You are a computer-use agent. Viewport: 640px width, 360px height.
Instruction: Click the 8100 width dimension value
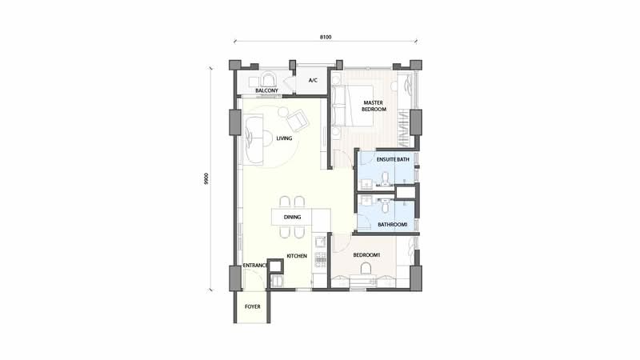tap(326, 37)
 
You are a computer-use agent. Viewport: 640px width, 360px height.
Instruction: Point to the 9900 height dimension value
tap(206, 178)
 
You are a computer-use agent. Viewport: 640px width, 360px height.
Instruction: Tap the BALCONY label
tap(267, 90)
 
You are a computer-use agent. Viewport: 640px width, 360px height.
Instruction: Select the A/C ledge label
tap(313, 81)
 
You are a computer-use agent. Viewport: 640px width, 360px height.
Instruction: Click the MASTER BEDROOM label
tap(374, 106)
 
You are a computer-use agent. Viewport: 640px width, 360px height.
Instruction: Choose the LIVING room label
tap(284, 138)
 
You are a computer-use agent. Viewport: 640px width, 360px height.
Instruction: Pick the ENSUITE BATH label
tap(393, 159)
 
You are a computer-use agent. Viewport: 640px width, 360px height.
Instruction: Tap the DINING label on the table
tap(292, 217)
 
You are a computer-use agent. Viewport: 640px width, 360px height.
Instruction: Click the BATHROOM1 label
tap(392, 225)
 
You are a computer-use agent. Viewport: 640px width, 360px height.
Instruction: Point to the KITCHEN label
tap(297, 256)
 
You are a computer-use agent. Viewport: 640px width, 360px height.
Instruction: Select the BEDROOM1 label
tap(366, 255)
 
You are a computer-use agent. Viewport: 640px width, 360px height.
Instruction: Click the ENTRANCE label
tap(255, 266)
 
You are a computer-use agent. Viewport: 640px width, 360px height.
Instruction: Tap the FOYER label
tap(253, 306)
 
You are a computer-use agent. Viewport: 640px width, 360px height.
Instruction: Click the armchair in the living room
tap(298, 119)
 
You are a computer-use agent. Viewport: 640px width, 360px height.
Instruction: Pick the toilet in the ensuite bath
tap(385, 178)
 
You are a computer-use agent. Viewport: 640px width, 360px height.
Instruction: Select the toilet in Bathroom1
tap(384, 206)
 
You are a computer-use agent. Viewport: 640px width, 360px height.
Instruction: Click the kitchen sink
tap(320, 242)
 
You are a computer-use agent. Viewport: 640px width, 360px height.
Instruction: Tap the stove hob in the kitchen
tap(321, 260)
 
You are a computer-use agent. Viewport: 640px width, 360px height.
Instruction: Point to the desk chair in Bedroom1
tap(366, 268)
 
